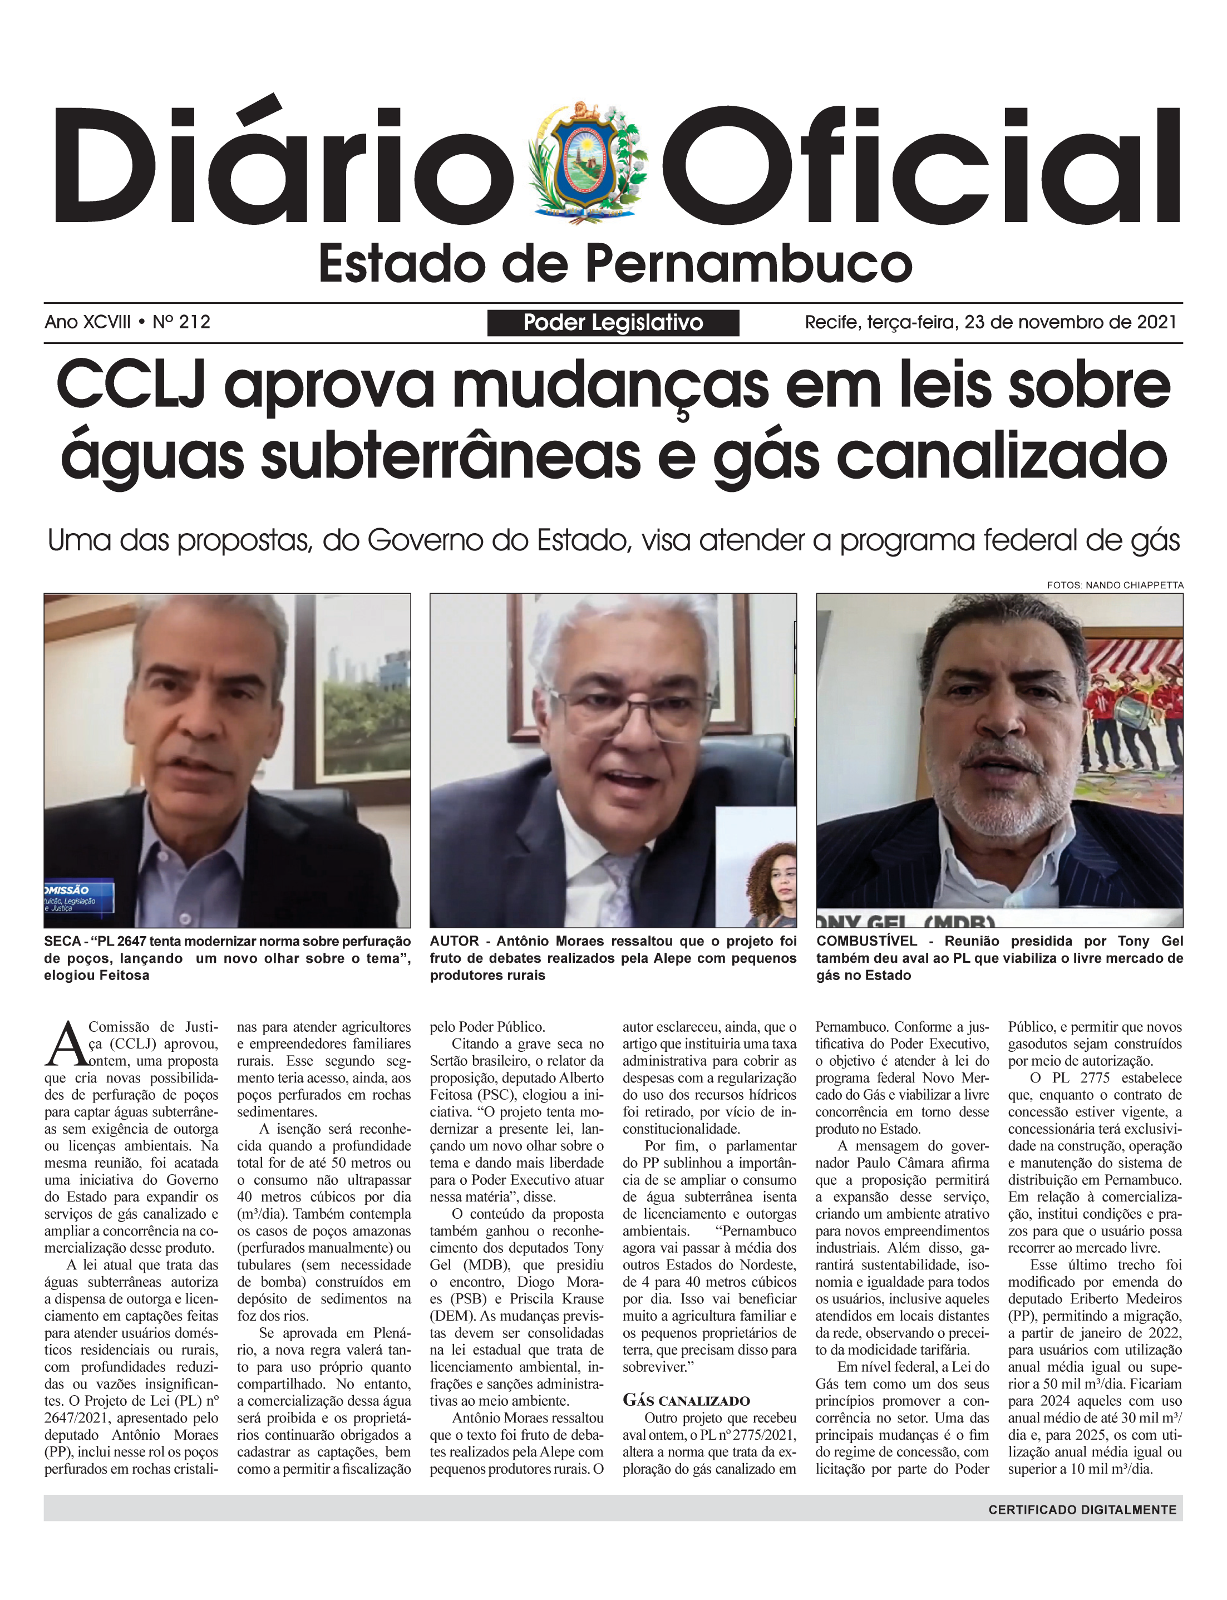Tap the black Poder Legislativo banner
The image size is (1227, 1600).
(613, 323)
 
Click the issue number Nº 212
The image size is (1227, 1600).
(181, 322)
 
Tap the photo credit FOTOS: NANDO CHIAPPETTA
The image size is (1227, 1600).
(1115, 585)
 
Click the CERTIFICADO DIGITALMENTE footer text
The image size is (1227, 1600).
(1082, 1509)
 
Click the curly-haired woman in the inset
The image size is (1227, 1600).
(774, 884)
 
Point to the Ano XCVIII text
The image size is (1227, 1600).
(88, 322)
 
